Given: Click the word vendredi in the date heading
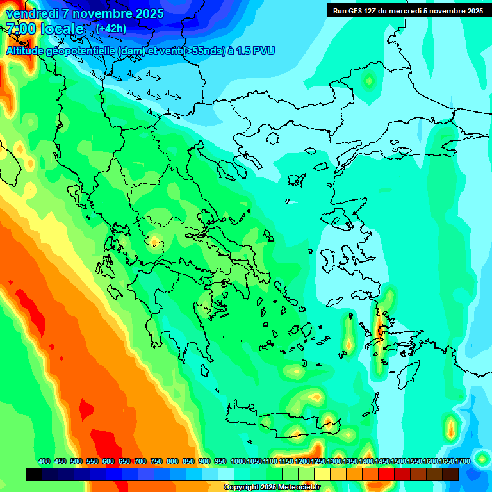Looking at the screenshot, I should coord(33,13).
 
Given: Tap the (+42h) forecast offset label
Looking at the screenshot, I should coord(110,28).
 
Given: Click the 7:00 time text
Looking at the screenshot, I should coord(20,29).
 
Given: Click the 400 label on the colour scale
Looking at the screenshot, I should coord(44,461).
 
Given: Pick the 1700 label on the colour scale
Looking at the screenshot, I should coord(462,461).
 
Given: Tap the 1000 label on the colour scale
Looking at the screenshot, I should coord(238,461).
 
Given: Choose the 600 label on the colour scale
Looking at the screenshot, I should coord(108,461).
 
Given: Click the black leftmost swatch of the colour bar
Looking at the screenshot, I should coord(34,474).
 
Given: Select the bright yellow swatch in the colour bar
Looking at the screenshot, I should coord(322,474).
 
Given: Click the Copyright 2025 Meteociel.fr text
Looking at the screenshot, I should coord(281,488).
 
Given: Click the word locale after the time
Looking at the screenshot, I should coord(61,29).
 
